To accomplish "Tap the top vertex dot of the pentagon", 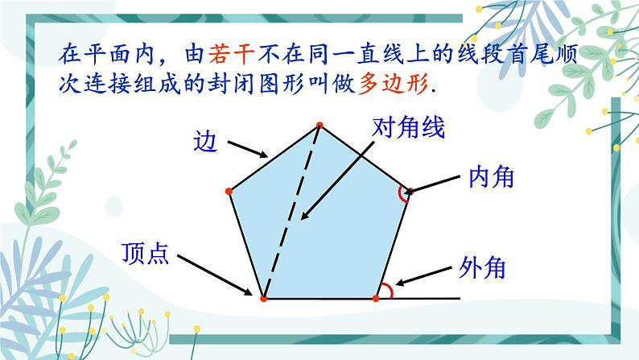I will click(x=319, y=125).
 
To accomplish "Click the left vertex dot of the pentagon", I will click(x=229, y=191).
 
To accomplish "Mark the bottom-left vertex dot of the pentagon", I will click(x=263, y=298).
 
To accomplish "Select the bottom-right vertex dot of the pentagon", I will click(x=376, y=298).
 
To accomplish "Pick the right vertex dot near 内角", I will click(x=410, y=191).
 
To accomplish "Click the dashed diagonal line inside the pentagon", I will click(x=291, y=211).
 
